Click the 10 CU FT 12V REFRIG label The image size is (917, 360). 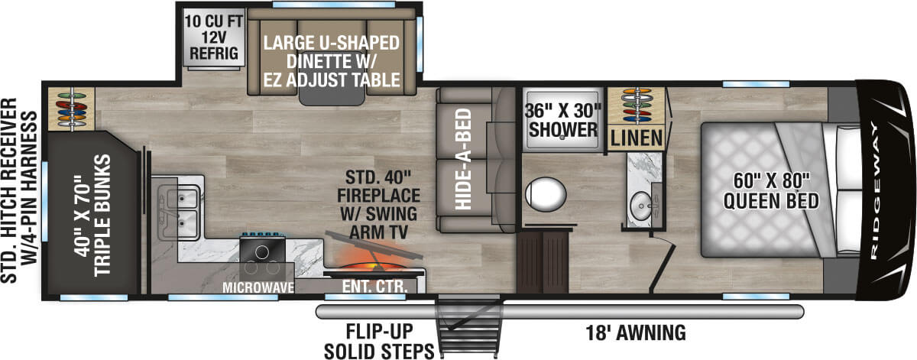(212, 36)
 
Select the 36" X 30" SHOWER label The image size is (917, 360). (562, 119)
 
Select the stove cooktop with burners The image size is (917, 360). (264, 253)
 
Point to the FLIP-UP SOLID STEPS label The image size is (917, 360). (378, 342)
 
